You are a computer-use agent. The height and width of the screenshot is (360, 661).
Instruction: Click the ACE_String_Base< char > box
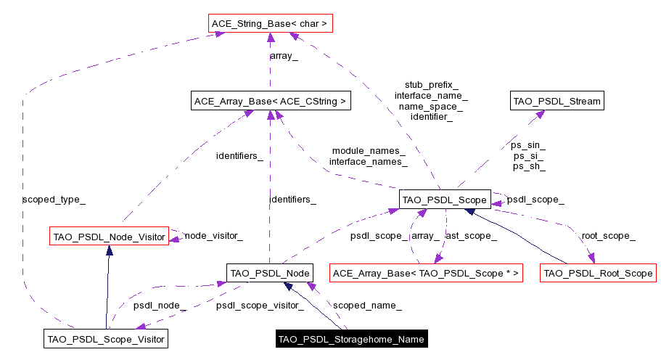pyautogui.click(x=269, y=25)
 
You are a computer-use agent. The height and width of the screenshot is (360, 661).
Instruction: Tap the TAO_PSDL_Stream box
pyautogui.click(x=557, y=102)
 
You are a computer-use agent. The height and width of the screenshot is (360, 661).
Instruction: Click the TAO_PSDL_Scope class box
pyautogui.click(x=445, y=199)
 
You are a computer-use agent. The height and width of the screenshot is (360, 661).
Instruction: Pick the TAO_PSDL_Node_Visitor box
pyautogui.click(x=109, y=236)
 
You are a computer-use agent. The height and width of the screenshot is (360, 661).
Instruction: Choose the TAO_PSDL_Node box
pyautogui.click(x=269, y=274)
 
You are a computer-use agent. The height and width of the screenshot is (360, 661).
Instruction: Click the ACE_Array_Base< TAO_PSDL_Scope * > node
pyautogui.click(x=426, y=274)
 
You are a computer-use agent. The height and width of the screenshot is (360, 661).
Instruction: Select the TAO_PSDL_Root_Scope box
pyautogui.click(x=598, y=274)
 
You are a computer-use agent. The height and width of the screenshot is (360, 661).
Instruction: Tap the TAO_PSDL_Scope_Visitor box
pyautogui.click(x=106, y=338)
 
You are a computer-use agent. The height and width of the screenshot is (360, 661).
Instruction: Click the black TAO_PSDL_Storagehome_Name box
pyautogui.click(x=351, y=338)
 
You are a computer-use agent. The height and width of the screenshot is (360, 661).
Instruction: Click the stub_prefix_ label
pyautogui.click(x=431, y=85)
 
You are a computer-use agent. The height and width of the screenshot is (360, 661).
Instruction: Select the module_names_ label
pyautogui.click(x=369, y=150)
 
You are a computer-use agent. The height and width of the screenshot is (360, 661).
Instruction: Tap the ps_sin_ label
pyautogui.click(x=529, y=145)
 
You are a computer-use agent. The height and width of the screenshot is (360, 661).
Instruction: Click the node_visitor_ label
pyautogui.click(x=213, y=236)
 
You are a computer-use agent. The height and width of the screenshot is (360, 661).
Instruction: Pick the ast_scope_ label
pyautogui.click(x=471, y=236)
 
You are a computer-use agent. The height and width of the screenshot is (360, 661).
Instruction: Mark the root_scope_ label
pyautogui.click(x=608, y=236)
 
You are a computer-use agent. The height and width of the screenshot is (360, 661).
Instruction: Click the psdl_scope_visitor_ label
pyautogui.click(x=260, y=306)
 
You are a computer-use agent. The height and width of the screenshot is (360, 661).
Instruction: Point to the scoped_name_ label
pyautogui.click(x=367, y=306)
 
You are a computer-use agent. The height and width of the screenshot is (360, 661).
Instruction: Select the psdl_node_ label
pyautogui.click(x=160, y=306)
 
